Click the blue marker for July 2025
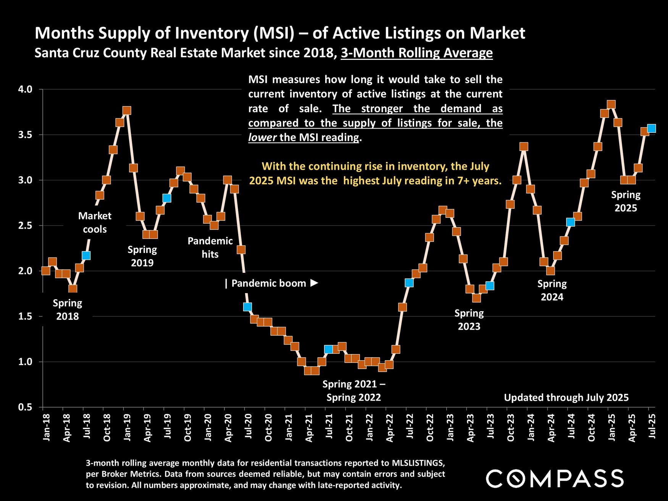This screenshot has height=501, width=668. (x=651, y=128)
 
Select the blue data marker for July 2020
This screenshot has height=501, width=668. (x=247, y=307)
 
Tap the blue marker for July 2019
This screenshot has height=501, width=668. (x=166, y=198)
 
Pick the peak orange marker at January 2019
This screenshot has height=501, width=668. (x=127, y=111)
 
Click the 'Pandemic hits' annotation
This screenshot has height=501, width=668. (x=210, y=247)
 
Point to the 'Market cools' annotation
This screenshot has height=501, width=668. (x=95, y=222)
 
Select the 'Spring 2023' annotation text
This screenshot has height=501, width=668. (x=469, y=320)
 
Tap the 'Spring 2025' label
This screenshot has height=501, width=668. (x=626, y=201)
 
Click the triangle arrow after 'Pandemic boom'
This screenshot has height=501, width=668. (x=314, y=283)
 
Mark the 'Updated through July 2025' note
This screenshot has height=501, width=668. (x=566, y=398)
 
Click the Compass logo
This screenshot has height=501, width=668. (x=555, y=478)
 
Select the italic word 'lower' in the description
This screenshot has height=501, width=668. (x=262, y=137)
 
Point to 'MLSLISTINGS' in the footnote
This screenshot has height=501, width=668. (x=418, y=463)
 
